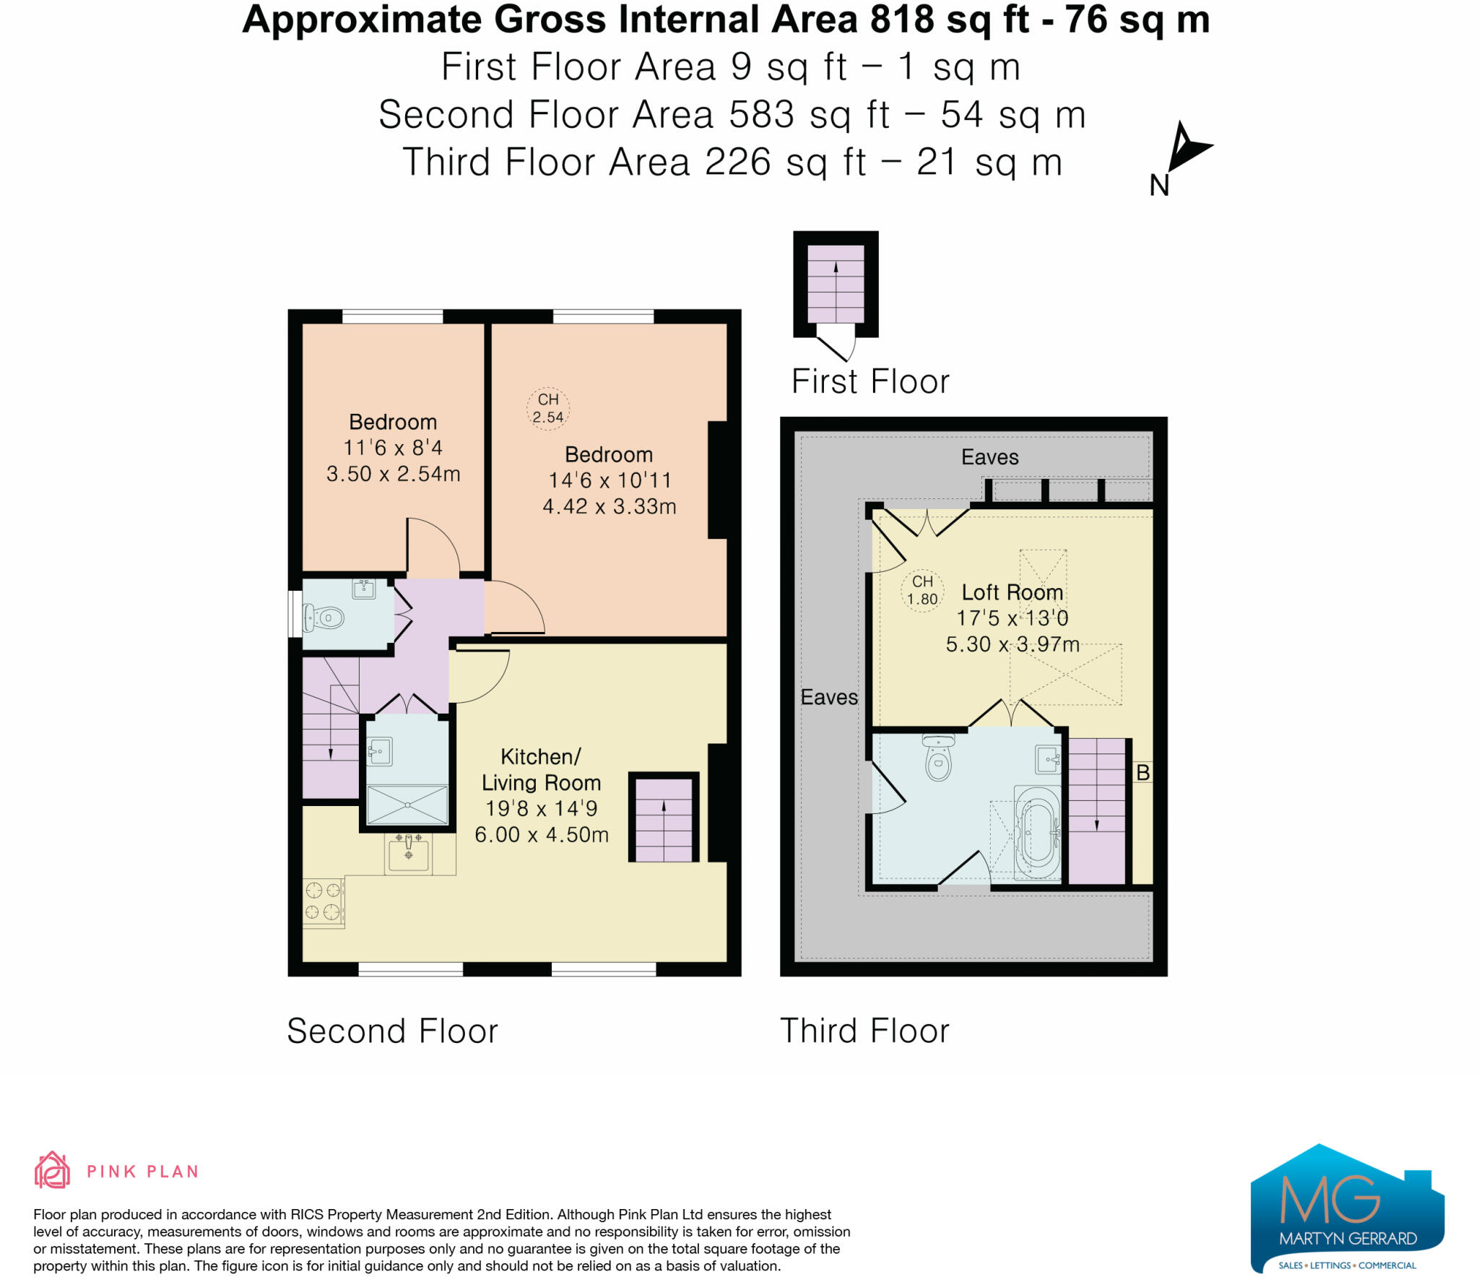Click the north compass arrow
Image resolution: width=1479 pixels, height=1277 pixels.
coord(1185,147)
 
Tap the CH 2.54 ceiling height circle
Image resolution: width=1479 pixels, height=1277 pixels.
coord(547,409)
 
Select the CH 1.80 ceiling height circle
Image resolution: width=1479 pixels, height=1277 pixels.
coord(922,591)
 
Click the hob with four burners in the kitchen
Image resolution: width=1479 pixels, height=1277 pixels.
coord(323,901)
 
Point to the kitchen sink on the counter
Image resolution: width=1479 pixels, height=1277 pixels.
coord(409,853)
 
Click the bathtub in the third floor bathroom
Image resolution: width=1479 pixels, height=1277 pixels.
coord(1037,833)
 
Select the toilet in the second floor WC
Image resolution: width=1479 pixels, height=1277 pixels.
coord(325,618)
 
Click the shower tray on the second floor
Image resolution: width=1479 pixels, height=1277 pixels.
coord(407,804)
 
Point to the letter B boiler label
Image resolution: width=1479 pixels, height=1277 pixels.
coord(1142,773)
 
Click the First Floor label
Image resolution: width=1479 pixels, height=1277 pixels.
coord(870,381)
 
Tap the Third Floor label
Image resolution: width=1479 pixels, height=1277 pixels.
coord(864,1031)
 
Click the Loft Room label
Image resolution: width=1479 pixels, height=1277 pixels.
coord(1012,592)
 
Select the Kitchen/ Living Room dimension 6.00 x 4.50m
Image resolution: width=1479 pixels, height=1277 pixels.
coord(541,835)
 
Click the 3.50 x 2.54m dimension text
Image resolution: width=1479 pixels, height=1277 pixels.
coord(393,474)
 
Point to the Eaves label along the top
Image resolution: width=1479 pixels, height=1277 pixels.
coord(989,457)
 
